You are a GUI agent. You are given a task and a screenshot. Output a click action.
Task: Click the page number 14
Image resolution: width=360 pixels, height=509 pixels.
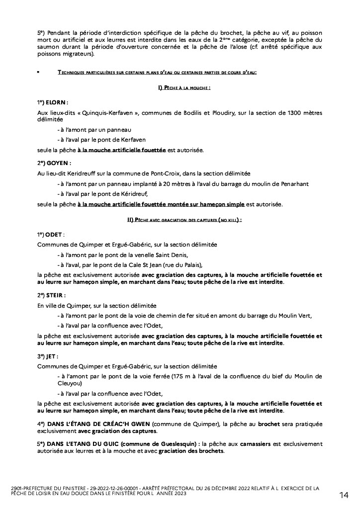[344, 495]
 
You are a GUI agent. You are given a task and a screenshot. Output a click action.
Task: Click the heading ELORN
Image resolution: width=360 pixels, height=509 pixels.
[56, 102]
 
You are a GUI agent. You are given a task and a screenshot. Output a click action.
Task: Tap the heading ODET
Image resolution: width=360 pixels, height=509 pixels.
[55, 234]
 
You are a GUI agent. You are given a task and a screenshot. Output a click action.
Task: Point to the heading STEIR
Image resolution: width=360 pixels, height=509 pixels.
[56, 295]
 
